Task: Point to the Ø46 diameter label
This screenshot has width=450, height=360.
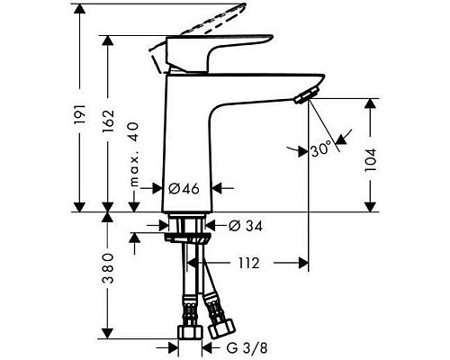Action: tap(184, 189)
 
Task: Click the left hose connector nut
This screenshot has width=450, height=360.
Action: tap(187, 332)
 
